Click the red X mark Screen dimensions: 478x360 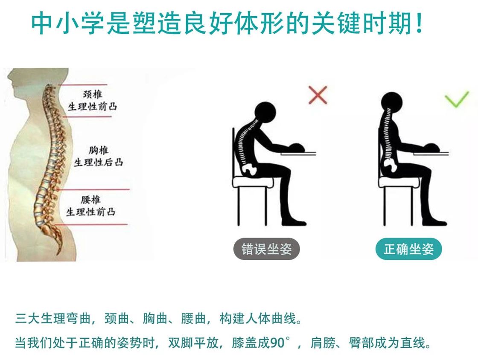[x=318, y=95]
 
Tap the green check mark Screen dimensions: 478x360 [x=456, y=99]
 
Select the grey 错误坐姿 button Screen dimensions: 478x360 [x=266, y=249]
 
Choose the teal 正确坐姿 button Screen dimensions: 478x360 [x=408, y=249]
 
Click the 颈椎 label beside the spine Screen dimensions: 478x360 [x=92, y=94]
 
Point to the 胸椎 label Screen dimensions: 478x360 [x=99, y=150]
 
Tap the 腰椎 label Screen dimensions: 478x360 [x=90, y=200]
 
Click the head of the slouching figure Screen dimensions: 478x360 [x=265, y=113]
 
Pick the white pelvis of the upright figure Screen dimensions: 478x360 [x=390, y=165]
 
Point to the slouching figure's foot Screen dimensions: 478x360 [x=294, y=222]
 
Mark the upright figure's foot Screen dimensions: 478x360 [x=434, y=222]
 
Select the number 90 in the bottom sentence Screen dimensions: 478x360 [x=277, y=343]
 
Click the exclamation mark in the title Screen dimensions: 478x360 [x=419, y=23]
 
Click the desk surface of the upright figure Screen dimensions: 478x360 [x=431, y=153]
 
